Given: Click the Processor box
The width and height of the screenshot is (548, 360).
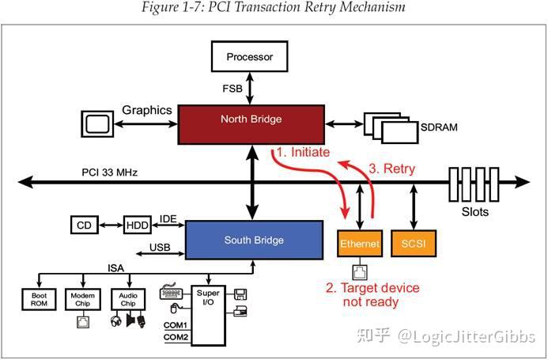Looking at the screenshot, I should pos(249,57).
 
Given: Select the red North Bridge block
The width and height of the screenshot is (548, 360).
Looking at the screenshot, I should pos(251,119).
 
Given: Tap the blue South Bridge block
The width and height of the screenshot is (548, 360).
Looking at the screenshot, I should pos(254,241).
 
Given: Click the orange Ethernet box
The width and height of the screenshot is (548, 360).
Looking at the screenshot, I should pos(360,244).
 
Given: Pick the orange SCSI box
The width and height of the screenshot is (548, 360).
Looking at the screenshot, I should pos(414,244).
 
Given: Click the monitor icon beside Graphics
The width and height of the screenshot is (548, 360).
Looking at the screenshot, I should pos(98,123).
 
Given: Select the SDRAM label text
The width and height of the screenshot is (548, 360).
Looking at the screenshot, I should pos(440,127).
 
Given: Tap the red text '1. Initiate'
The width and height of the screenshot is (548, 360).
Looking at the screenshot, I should pos(303,152).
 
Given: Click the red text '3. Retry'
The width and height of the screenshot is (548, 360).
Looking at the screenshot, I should pos(392,169).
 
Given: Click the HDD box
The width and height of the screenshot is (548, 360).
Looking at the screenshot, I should pos(138,225).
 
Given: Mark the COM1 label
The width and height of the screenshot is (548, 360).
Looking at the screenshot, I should pos(176,325).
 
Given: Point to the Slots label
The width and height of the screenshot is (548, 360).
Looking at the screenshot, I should pos(475,212).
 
